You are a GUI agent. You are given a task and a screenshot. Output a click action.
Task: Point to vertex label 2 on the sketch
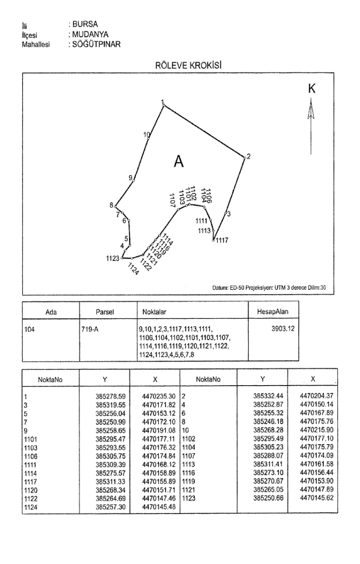pyautogui.click(x=249, y=156)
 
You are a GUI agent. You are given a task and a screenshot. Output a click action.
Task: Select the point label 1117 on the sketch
pyautogui.click(x=222, y=240)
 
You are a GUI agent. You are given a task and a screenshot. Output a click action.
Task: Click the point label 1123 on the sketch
pyautogui.click(x=112, y=258)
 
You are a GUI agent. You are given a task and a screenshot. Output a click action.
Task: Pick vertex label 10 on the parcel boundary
pyautogui.click(x=147, y=134)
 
